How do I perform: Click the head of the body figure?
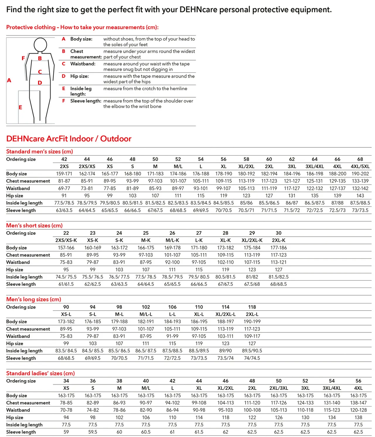click(x=40, y=45)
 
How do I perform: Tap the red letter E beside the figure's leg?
click(x=20, y=107)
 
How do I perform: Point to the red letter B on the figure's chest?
click(x=40, y=58)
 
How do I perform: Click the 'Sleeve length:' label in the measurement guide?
click(x=86, y=101)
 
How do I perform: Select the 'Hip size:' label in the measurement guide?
click(x=79, y=76)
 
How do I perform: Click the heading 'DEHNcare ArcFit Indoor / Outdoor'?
click(x=69, y=139)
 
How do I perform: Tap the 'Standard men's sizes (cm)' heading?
click(x=40, y=152)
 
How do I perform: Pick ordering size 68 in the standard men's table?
click(x=360, y=159)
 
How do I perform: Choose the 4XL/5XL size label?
click(x=360, y=166)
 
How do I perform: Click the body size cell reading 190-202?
click(x=360, y=174)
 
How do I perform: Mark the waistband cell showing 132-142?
click(x=360, y=188)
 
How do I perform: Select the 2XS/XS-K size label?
click(x=66, y=240)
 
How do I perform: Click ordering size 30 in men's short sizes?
click(x=278, y=233)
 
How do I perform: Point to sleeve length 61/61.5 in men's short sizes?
click(x=66, y=284)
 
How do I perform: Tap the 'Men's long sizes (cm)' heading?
click(x=34, y=299)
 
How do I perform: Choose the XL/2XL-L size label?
click(x=225, y=314)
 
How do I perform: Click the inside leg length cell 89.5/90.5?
click(x=252, y=351)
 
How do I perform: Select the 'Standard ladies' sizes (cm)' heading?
click(x=40, y=373)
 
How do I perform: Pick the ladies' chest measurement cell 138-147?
click(x=358, y=403)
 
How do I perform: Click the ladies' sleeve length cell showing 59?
click(x=66, y=432)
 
